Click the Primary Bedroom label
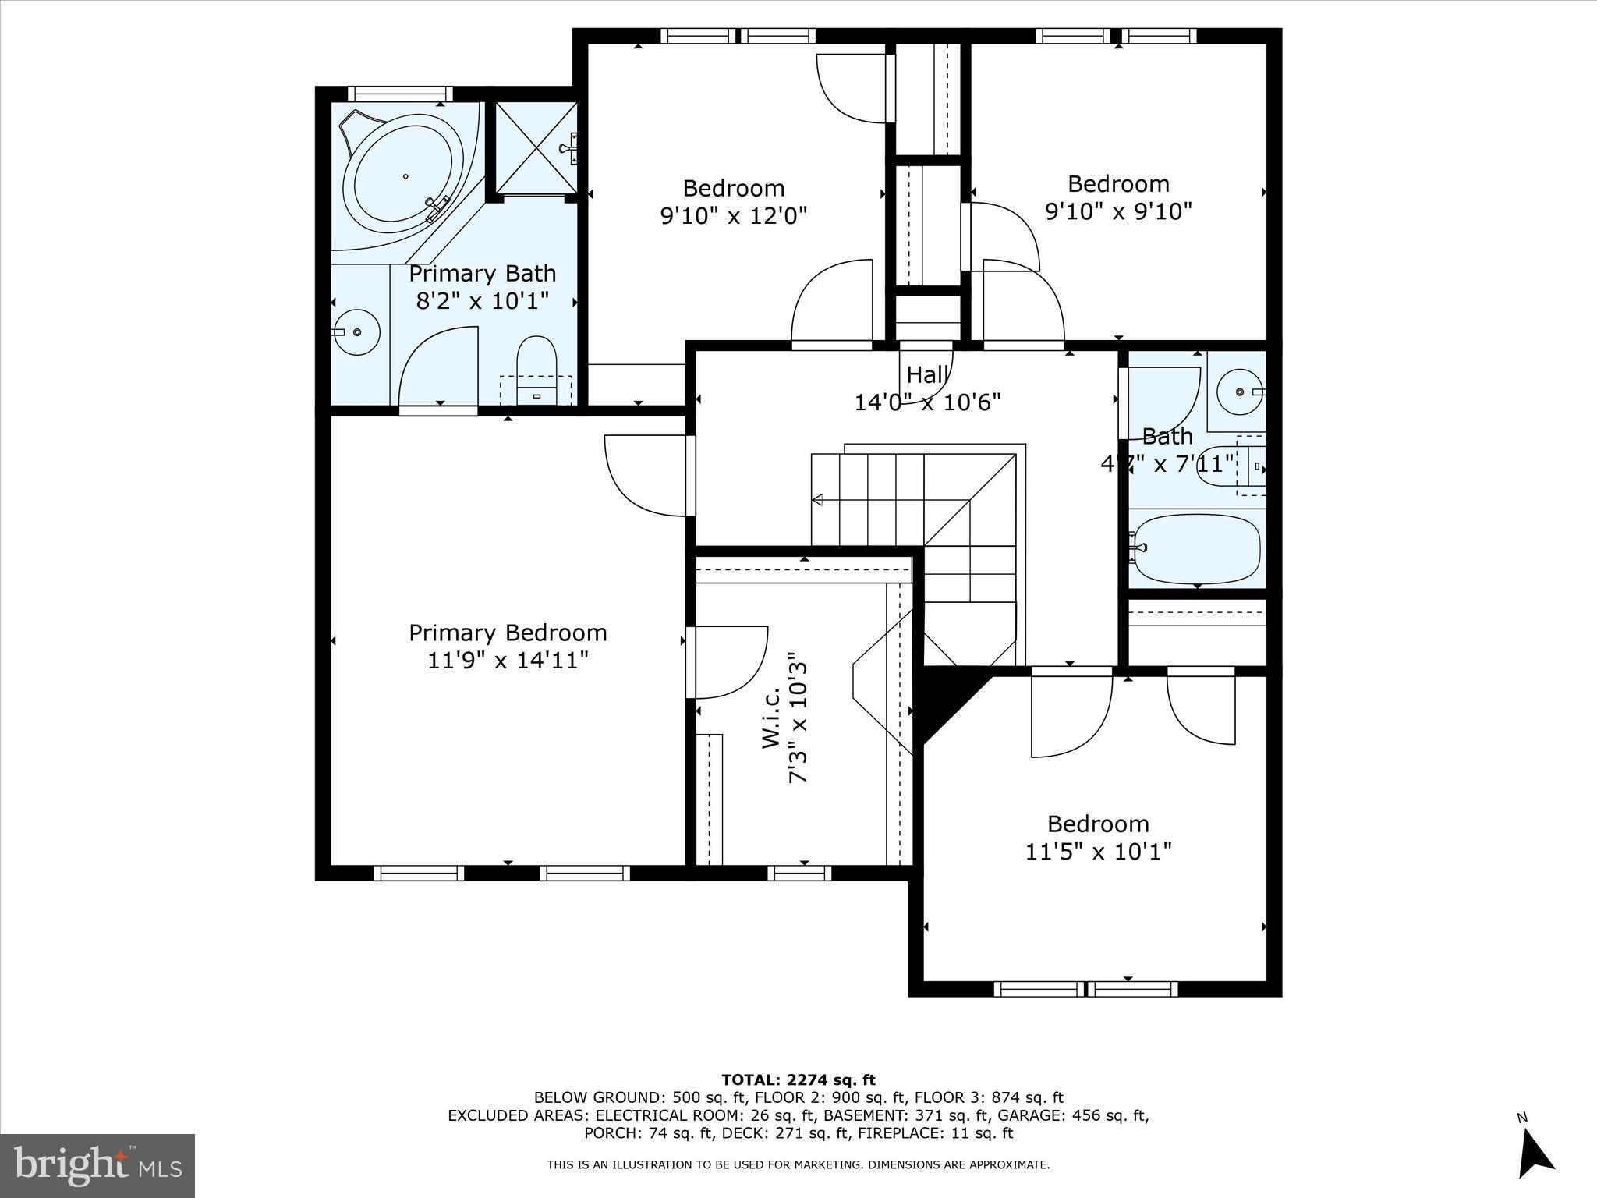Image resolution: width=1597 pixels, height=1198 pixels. coord(508,633)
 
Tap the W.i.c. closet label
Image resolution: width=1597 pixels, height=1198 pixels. coord(771,718)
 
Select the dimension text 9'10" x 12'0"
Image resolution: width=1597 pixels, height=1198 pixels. coord(733,215)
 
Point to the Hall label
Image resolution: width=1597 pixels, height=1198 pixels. coord(927,375)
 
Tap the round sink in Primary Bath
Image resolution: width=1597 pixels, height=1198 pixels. coord(357,332)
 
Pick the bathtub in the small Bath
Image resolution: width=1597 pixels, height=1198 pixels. coord(1196,548)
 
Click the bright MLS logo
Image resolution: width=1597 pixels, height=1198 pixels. coord(97,1166)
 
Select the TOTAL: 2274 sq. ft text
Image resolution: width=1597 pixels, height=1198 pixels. coord(798,1079)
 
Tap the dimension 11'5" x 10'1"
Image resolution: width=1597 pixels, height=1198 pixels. coord(1097,851)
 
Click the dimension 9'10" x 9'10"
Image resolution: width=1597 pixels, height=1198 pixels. coord(1118,211)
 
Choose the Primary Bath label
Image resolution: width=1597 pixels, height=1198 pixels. coord(482,274)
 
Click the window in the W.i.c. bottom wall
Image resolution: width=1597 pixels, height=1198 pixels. coord(798,873)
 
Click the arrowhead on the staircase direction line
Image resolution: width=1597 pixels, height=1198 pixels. coord(817,499)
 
